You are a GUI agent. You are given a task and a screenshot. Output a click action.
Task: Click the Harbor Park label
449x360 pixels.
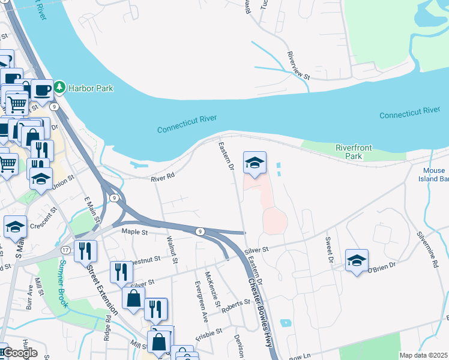[x=91, y=88]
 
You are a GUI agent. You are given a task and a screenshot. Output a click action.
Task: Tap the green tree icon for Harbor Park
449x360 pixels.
[x=59, y=88]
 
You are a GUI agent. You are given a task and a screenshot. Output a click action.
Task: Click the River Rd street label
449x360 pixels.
[x=162, y=176]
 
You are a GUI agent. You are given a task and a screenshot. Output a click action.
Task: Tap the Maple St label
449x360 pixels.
[x=134, y=231]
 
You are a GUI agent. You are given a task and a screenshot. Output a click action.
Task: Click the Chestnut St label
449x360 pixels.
[x=144, y=260]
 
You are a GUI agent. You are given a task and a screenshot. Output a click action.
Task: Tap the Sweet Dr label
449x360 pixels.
[x=328, y=251]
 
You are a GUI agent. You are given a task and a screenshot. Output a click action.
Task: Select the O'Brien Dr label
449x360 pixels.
[x=383, y=263]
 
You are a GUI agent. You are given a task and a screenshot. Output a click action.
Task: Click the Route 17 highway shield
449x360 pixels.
[x=65, y=249]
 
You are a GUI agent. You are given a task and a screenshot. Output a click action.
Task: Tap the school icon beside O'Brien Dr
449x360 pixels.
[x=357, y=260]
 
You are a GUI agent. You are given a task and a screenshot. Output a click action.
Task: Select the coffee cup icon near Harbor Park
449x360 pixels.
[x=42, y=90]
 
